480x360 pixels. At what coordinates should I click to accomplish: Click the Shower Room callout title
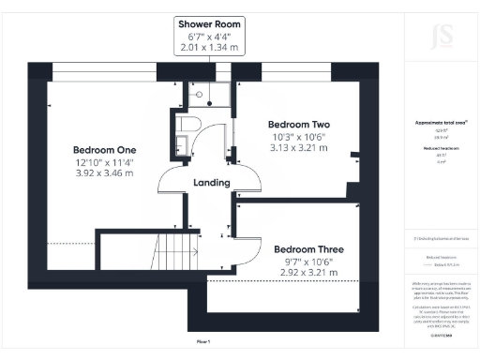point(203,24)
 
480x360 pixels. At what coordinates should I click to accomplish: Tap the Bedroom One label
point(106,150)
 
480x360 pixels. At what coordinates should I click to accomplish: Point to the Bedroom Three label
point(308,249)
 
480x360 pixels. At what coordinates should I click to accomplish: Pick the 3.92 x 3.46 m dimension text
point(106,174)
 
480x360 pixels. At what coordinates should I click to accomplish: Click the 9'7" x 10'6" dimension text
point(308,262)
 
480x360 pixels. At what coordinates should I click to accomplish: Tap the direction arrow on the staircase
point(175,230)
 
